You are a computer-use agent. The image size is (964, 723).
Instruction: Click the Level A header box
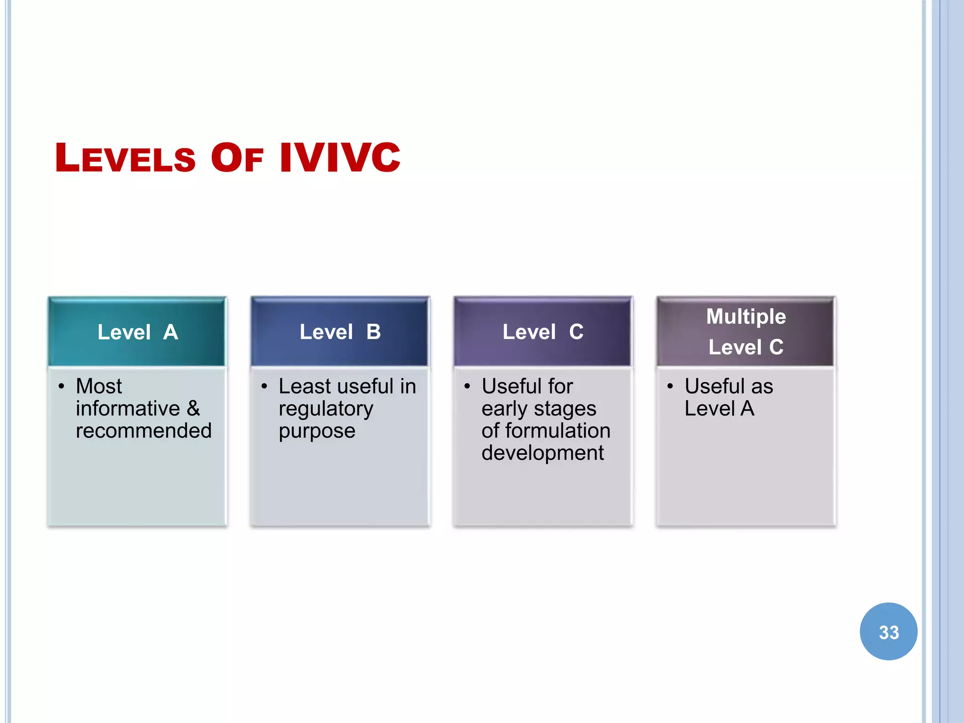click(x=137, y=332)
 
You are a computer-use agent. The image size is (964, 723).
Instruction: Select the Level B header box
click(x=340, y=332)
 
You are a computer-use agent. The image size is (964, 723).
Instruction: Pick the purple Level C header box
click(x=543, y=332)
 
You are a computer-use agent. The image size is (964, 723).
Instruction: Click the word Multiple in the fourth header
click(x=746, y=316)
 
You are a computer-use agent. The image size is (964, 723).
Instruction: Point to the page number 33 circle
click(x=889, y=632)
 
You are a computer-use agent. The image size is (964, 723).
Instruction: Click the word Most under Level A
click(x=99, y=386)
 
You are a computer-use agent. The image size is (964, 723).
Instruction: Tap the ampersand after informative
click(x=193, y=408)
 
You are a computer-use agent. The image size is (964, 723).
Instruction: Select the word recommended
click(x=144, y=430)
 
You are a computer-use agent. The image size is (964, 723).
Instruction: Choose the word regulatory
click(x=326, y=409)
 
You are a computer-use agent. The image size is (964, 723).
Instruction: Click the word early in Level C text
click(x=504, y=409)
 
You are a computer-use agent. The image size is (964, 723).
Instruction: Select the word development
click(x=542, y=453)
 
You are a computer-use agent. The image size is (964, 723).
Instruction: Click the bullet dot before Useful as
click(x=670, y=386)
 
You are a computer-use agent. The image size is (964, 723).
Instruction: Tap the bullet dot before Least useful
click(x=264, y=386)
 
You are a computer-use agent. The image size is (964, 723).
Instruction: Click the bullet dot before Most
click(x=61, y=386)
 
